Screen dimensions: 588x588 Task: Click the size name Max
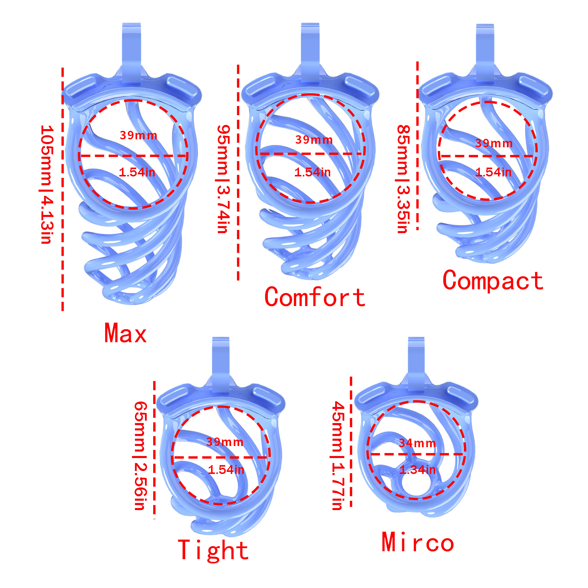click(126, 333)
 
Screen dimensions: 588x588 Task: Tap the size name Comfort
click(315, 297)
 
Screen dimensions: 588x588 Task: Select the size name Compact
click(493, 280)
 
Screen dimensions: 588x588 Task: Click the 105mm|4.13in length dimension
click(46, 184)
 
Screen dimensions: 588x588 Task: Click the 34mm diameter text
click(417, 443)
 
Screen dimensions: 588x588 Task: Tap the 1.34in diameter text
click(417, 470)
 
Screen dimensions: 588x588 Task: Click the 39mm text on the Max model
click(138, 135)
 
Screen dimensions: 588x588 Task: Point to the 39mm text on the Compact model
click(494, 143)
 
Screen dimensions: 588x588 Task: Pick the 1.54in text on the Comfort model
click(312, 172)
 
